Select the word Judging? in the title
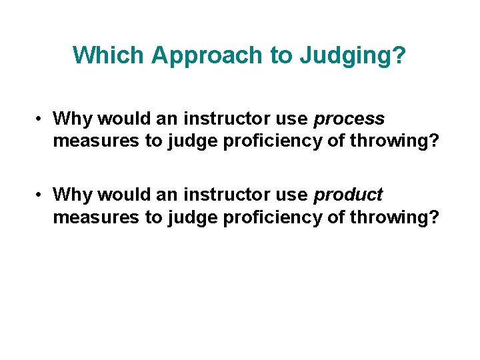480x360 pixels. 353,55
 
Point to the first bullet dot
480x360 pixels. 41,119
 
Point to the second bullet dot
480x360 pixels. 41,195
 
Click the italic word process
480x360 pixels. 349,119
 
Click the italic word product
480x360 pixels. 348,195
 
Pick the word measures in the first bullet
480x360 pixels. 87,141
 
